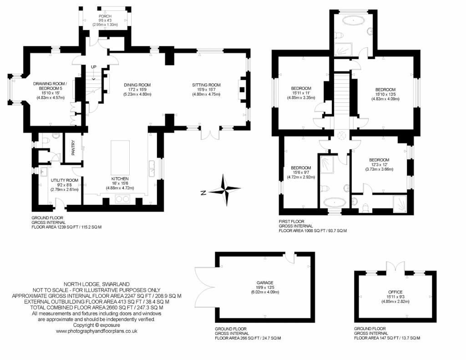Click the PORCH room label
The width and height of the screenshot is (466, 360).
coord(105,16)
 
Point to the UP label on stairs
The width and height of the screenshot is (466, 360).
coord(94,67)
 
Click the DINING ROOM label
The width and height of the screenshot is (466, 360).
coord(137,85)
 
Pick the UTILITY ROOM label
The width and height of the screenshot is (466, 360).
coord(64,180)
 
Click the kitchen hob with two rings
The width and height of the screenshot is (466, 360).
coord(122,198)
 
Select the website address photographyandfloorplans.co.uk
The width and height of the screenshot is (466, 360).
coord(96,331)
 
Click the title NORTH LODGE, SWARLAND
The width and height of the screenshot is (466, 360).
coord(96,284)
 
